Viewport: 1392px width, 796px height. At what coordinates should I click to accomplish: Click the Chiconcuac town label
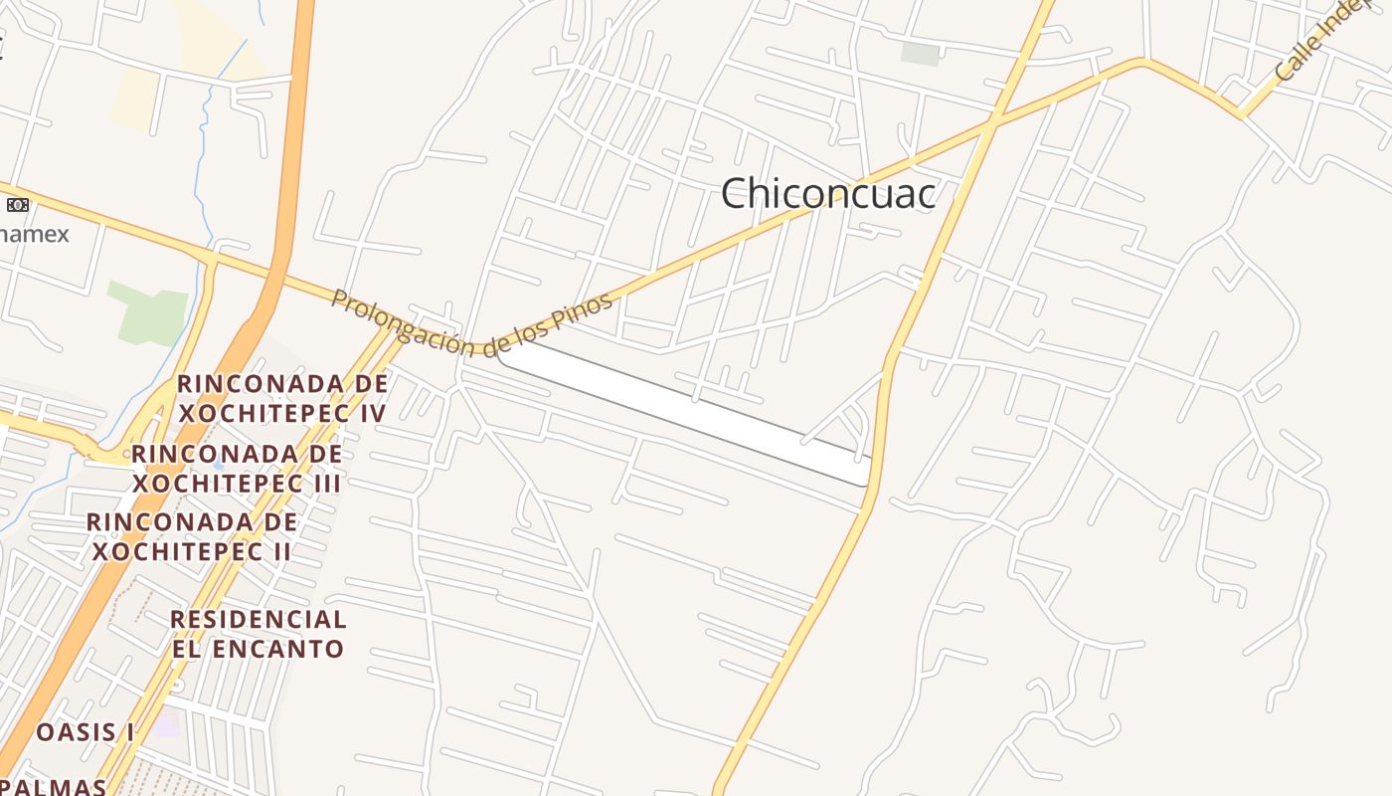(x=827, y=193)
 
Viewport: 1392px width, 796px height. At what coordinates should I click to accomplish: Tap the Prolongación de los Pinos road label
(x=472, y=321)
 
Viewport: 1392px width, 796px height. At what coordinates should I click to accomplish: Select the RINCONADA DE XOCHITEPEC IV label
(x=281, y=398)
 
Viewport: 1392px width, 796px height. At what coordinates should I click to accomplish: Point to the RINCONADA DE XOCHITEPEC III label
(x=237, y=469)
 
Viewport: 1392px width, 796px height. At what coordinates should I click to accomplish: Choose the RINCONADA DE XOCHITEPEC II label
(x=191, y=536)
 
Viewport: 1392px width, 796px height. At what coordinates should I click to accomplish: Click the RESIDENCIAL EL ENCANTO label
(x=258, y=634)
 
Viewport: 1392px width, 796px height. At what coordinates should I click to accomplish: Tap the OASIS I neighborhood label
(x=86, y=732)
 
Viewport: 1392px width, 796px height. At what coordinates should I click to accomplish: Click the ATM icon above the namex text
(x=17, y=205)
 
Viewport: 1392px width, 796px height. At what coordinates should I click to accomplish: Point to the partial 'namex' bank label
(x=35, y=235)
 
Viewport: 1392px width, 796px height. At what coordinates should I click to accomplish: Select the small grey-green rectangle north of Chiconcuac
(x=920, y=54)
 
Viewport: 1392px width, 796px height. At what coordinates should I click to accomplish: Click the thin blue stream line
(x=205, y=149)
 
